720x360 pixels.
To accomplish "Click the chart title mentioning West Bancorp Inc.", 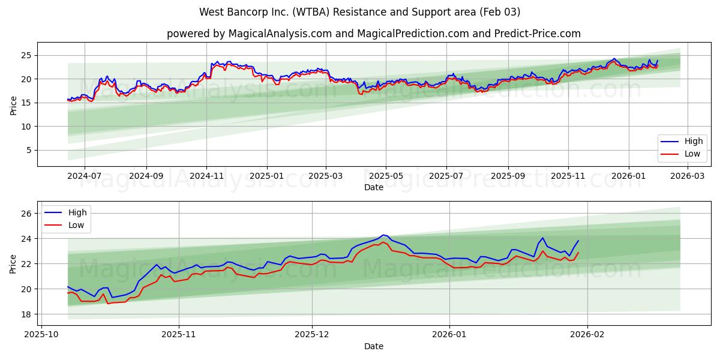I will pos(359,12).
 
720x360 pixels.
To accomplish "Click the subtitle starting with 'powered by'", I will pos(373,34).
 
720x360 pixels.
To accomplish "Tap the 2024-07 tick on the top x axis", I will pos(84,176).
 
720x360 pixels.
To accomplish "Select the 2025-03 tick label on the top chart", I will pos(326,176).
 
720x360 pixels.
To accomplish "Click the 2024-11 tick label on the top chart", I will pos(206,176).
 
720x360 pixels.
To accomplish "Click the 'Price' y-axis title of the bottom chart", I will pos(13,263).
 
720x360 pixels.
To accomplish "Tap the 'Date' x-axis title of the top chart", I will pos(373,187).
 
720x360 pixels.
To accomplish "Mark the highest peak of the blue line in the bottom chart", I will pos(383,235).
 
